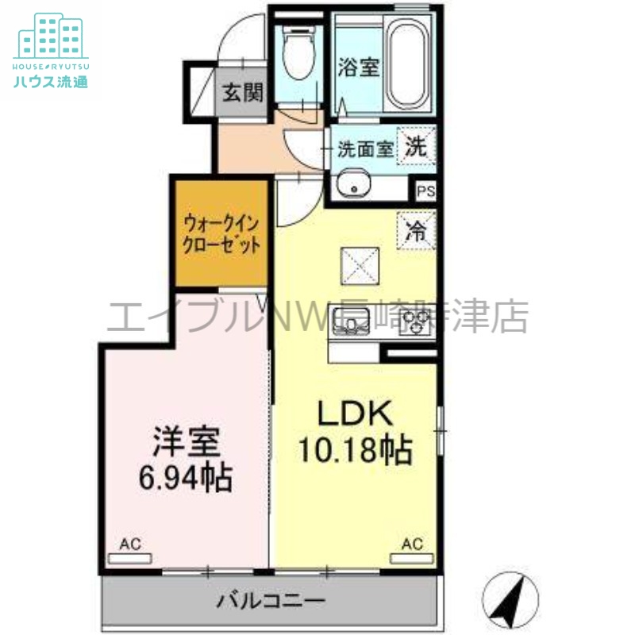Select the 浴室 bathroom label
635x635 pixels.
click(x=359, y=67)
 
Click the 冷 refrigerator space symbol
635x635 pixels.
click(x=416, y=232)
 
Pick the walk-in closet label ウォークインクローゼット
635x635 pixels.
click(x=221, y=233)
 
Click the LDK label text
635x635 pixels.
click(x=355, y=415)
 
